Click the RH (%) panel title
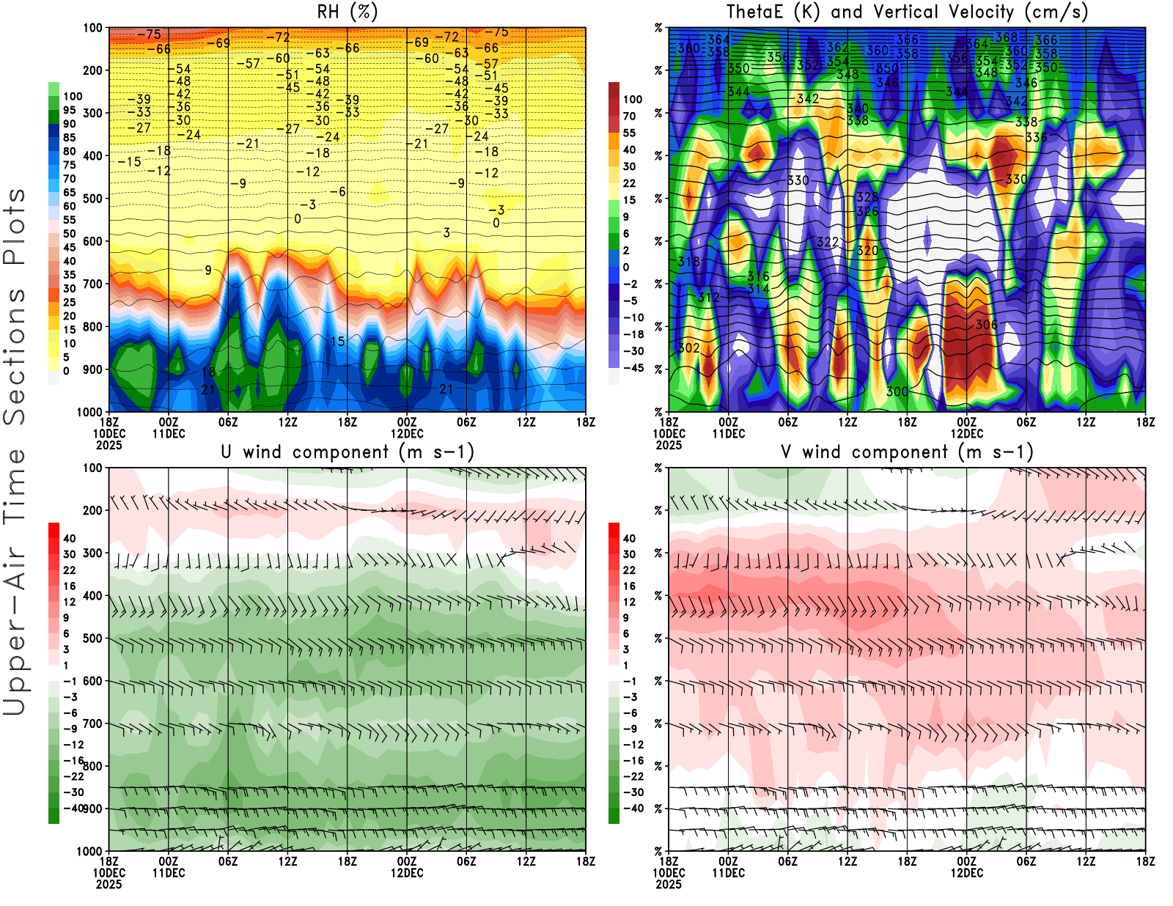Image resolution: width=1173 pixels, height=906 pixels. (347, 12)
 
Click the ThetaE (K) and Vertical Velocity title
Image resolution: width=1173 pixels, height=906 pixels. (907, 12)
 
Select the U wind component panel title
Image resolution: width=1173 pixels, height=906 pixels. (348, 452)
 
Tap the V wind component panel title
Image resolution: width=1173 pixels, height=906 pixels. (907, 452)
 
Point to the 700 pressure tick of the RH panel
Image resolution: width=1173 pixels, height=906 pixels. (93, 284)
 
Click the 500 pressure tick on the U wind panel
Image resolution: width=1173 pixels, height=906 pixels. (93, 638)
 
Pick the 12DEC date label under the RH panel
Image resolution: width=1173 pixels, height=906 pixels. (407, 433)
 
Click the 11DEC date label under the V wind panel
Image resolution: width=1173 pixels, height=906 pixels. (728, 873)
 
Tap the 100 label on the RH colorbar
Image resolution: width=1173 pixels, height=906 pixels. (73, 96)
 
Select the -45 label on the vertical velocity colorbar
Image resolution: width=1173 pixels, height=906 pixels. (633, 368)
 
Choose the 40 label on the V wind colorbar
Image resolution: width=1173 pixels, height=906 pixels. (629, 538)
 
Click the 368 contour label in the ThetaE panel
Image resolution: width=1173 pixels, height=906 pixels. (1007, 37)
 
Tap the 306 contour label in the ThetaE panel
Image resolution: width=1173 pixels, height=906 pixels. (986, 325)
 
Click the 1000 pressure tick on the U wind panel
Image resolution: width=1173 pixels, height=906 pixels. (90, 851)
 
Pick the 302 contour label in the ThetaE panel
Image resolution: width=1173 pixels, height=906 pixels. (688, 347)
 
